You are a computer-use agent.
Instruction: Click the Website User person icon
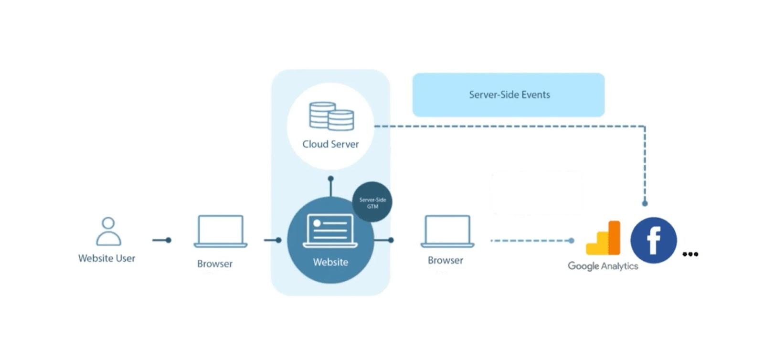108,231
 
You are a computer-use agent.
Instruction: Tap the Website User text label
106,258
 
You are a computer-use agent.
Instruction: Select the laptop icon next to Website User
220,232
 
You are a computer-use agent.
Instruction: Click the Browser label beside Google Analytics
445,260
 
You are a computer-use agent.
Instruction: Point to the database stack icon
331,116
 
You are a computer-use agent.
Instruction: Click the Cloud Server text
330,144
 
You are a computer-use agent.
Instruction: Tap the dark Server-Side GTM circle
372,202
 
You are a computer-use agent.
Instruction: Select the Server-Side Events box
509,95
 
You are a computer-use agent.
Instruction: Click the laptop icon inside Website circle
330,231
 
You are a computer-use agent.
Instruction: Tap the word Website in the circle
330,262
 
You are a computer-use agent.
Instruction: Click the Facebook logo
653,240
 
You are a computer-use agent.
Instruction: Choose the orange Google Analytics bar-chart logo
603,238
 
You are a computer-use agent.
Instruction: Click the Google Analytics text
603,266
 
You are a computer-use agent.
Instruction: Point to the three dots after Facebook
690,254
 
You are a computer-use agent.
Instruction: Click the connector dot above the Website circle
330,179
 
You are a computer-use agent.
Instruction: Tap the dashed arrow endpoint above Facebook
645,203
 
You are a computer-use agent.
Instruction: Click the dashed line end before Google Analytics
571,241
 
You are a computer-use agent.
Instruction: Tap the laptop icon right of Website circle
447,232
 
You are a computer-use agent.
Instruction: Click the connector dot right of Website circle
391,240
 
